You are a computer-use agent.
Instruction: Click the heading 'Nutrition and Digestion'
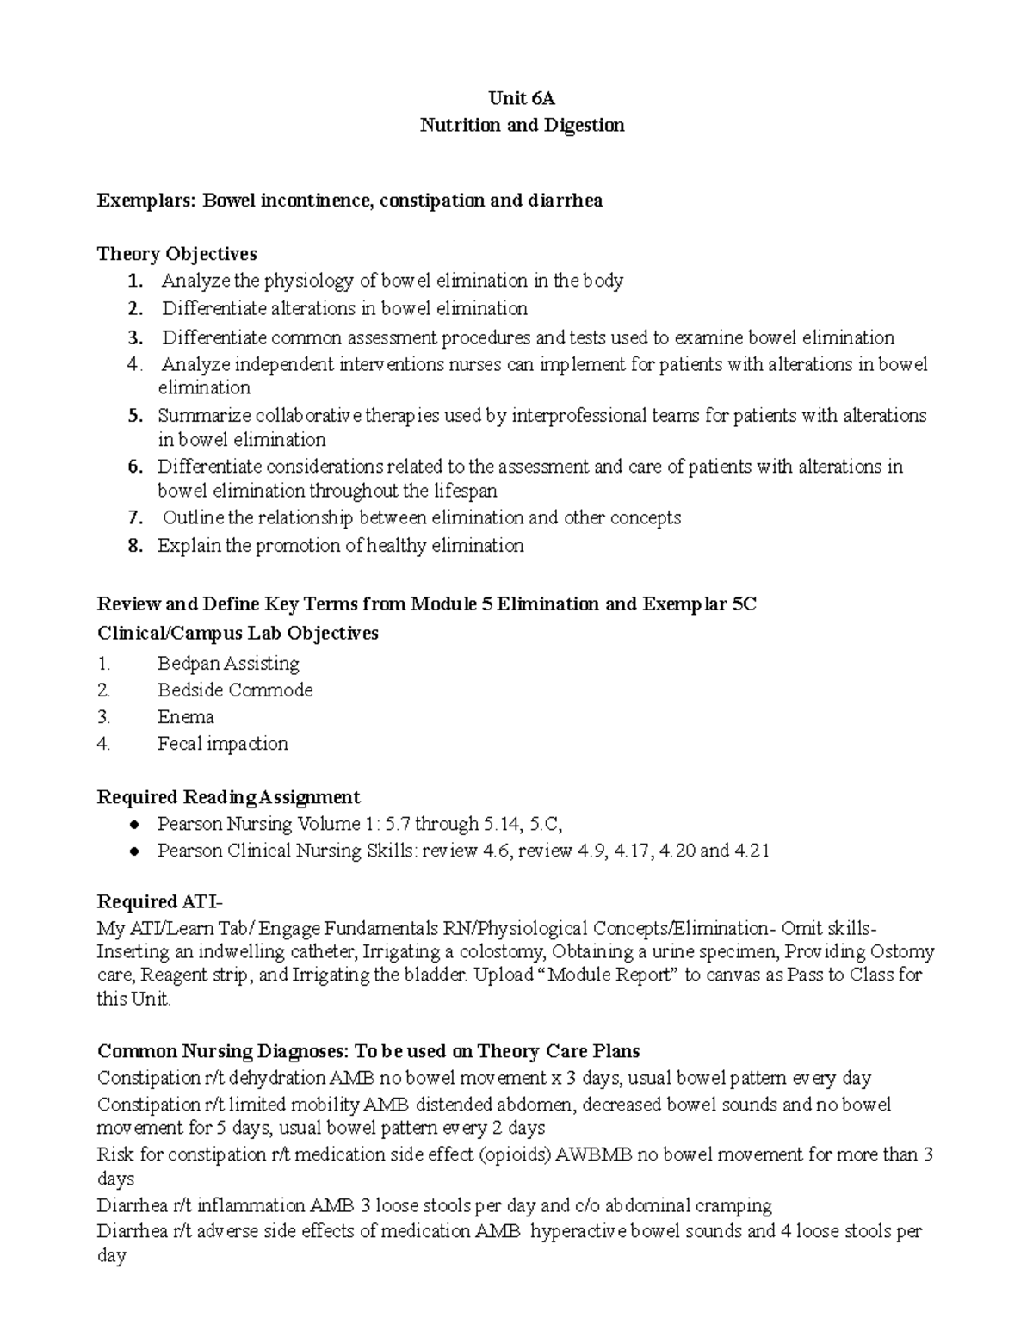coord(522,125)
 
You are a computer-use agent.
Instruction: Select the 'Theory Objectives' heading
coord(177,254)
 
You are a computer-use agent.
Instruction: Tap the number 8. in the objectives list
coord(134,545)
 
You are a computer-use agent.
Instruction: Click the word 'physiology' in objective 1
coord(308,281)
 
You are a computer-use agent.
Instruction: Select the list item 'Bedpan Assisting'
coord(228,663)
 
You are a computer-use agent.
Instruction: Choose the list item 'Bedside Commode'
coord(235,690)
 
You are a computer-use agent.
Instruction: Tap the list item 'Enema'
coord(185,716)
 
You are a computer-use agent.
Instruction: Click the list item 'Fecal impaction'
coord(222,743)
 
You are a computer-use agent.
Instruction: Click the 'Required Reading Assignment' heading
coord(228,796)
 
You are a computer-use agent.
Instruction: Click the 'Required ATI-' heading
coord(159,901)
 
